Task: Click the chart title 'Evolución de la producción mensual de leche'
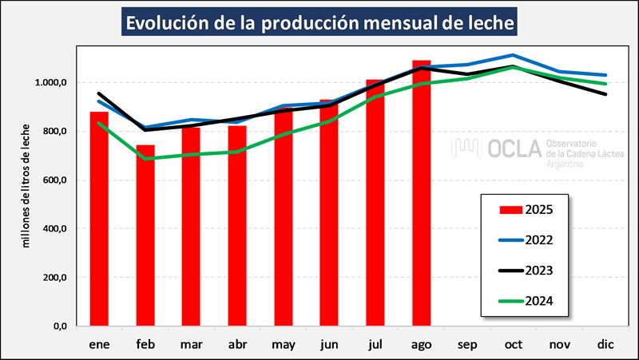[x=319, y=22]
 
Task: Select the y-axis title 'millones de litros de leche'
[x=27, y=185]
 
